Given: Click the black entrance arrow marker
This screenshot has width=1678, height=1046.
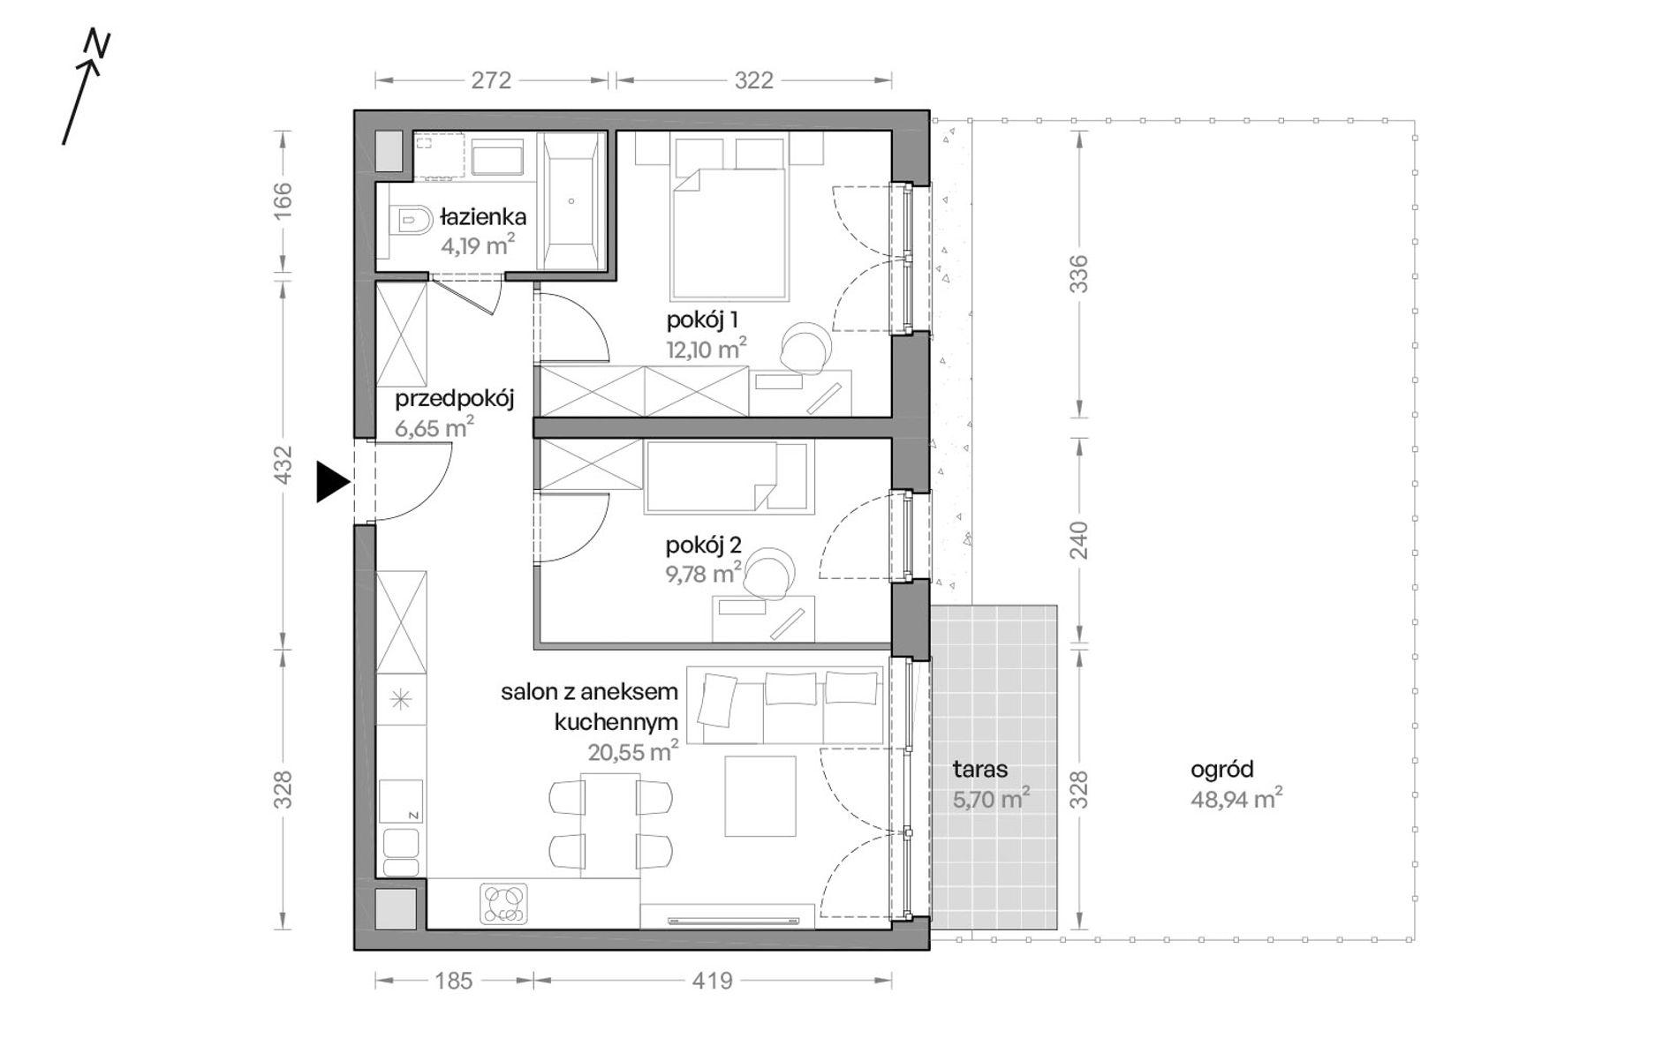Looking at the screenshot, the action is coord(332,482).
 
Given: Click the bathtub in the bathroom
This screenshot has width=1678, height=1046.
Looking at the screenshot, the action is coord(571,200).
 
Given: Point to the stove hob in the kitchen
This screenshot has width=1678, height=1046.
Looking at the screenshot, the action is coord(503,903).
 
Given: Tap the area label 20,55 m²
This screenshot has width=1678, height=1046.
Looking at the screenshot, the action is coord(632,752).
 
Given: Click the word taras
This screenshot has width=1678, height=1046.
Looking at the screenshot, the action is coord(980,769).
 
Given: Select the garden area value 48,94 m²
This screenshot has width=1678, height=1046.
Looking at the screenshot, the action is coord(1236,799).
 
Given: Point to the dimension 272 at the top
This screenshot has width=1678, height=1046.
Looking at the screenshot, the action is coord(491,80).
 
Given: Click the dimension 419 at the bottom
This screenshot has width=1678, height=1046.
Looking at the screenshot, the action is coord(713,981).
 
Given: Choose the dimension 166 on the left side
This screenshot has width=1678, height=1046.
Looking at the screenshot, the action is coord(283,200).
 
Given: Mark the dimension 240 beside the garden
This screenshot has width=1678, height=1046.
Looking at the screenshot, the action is coord(1078,540).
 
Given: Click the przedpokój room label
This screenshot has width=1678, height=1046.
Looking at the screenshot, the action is coord(454,399).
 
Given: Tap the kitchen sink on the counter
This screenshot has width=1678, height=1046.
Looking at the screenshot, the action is coord(401,853).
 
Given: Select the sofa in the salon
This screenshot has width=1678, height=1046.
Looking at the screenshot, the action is coord(785,705).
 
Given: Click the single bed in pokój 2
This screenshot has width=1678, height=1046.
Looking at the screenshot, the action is coord(728,478).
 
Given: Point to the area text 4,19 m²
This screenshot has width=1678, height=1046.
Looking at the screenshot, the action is coord(478,245).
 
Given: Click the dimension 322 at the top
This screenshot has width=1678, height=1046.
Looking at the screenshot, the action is coord(753,80).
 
